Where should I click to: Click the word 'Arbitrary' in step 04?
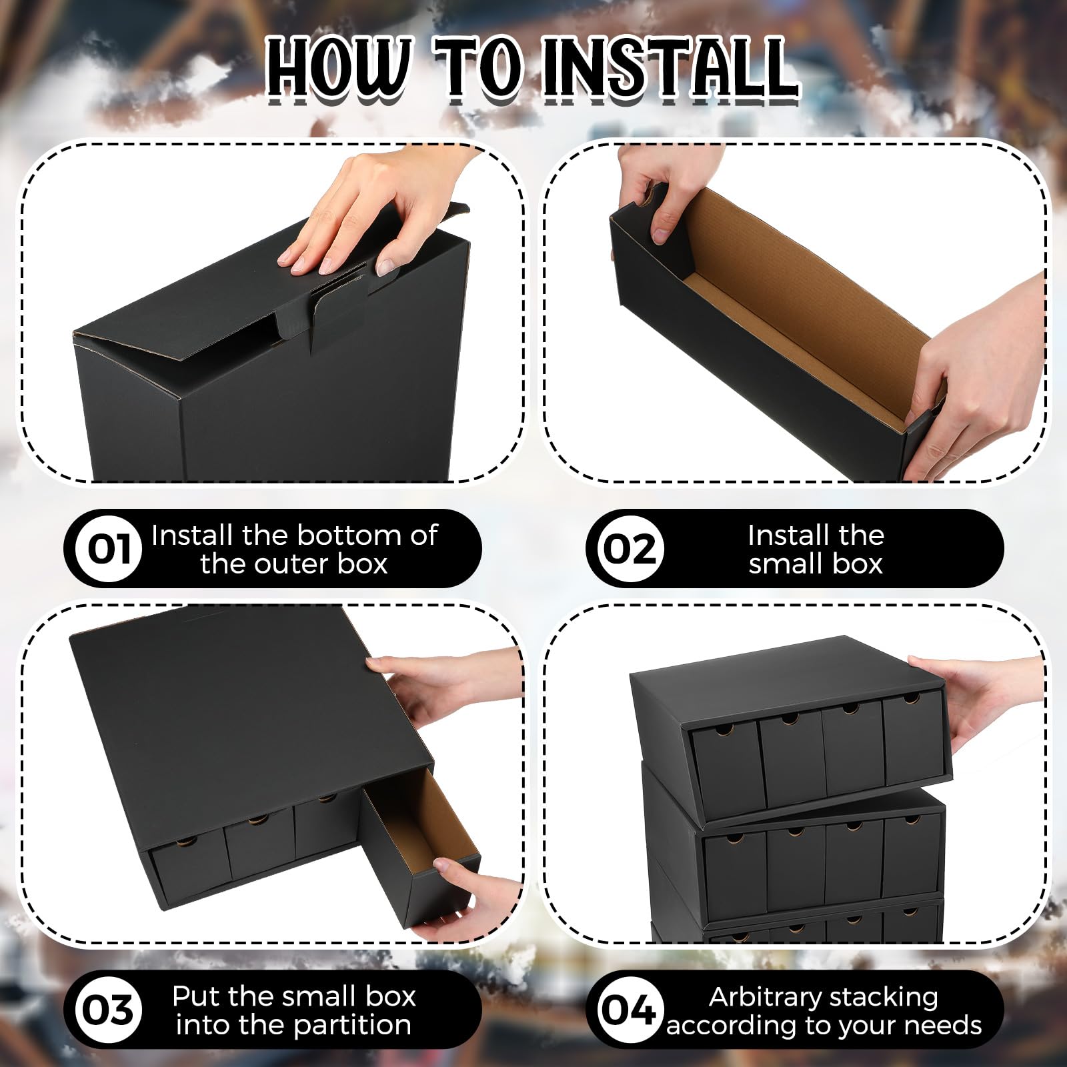[756, 996]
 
